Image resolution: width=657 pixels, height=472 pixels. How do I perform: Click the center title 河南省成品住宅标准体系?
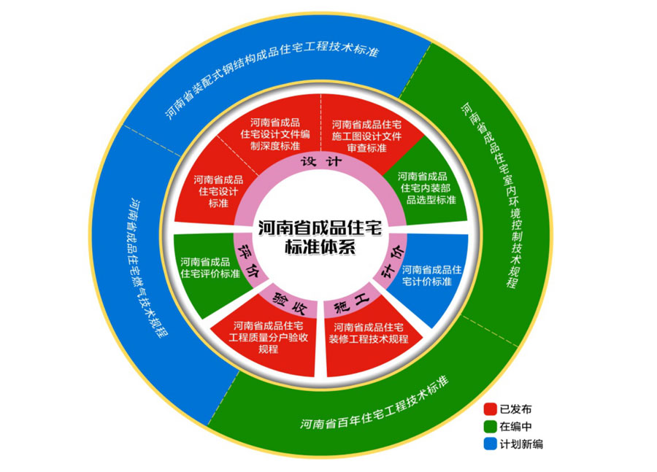tap(320, 237)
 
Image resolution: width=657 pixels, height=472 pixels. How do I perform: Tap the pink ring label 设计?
tap(321, 162)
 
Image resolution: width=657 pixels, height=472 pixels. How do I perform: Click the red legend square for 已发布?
tap(491, 409)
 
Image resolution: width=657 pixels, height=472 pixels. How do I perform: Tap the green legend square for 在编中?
tap(491, 426)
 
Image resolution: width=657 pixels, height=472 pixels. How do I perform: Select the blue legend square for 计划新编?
tap(491, 444)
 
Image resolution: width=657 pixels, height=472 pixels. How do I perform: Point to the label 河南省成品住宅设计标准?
tap(218, 191)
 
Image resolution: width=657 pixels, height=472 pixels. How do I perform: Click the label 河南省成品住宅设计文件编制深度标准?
tap(275, 134)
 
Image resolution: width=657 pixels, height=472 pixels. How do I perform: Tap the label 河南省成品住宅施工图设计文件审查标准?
tap(366, 136)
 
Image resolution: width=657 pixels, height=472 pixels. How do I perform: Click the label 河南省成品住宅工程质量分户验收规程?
tap(268, 337)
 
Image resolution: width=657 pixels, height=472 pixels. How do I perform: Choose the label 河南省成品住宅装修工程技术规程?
tap(369, 333)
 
